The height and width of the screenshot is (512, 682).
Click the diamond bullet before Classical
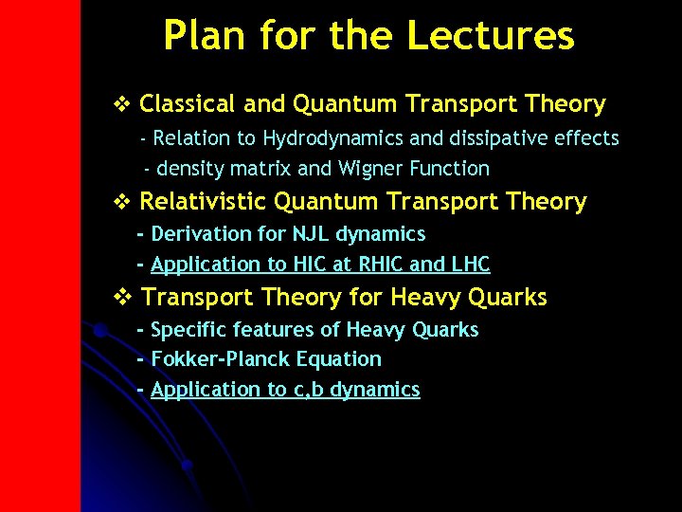coord(119,103)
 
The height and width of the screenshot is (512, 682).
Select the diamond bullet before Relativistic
coord(119,201)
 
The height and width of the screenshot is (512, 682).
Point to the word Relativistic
coord(203,202)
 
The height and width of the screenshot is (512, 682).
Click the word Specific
coord(188,330)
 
